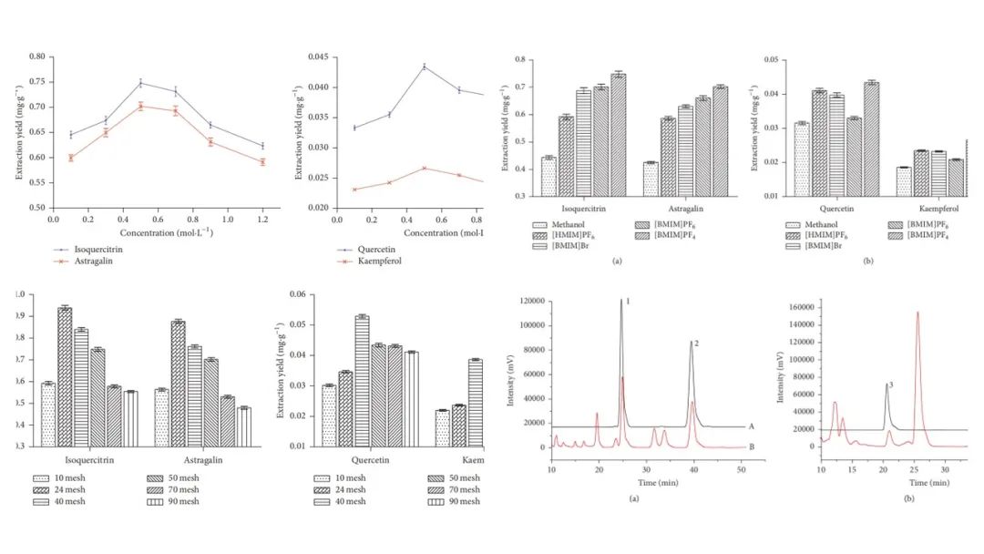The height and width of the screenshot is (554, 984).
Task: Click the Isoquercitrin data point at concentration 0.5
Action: (x=140, y=83)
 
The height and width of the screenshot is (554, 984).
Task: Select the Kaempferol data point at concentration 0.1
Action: (x=354, y=190)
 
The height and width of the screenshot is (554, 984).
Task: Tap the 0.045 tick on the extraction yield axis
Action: (x=320, y=56)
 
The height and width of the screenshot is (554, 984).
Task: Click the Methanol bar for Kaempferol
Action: (x=903, y=181)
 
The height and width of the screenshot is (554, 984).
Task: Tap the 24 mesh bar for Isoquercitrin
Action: (x=65, y=376)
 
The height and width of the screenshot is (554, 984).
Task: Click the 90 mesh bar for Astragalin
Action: (x=244, y=426)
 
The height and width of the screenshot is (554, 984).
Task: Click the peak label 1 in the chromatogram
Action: (x=629, y=301)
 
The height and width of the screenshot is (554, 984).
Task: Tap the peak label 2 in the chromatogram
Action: (x=696, y=344)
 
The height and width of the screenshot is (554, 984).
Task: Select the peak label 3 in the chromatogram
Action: (x=890, y=386)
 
